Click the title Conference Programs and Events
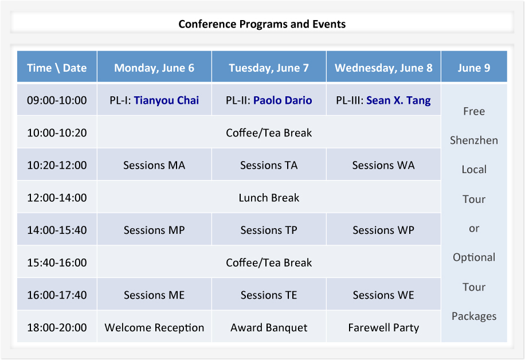[x=262, y=24]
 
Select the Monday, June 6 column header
[x=154, y=68]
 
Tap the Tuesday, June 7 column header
[x=269, y=68]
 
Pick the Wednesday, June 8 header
[x=383, y=68]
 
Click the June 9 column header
[x=474, y=68]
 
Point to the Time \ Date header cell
[x=57, y=68]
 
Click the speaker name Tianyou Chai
[x=166, y=100]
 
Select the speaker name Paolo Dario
[x=283, y=100]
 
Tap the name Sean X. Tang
[x=398, y=100]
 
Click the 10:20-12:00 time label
[x=57, y=165]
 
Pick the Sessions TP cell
[x=269, y=230]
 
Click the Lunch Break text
[x=269, y=198]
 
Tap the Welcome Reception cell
[x=154, y=327]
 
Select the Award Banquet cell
[x=269, y=327]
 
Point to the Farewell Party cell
[x=383, y=327]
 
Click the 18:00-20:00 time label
[x=57, y=327]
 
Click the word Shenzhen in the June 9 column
[x=474, y=140]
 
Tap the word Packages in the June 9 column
[x=474, y=316]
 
